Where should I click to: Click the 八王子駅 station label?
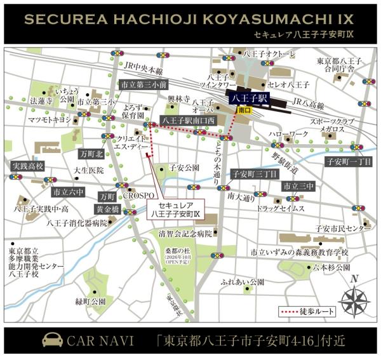250,98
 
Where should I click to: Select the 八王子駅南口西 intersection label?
189,120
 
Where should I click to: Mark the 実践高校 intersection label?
27,166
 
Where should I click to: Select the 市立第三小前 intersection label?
144,84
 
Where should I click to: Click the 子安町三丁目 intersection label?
254,173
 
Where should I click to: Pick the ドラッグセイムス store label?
277,208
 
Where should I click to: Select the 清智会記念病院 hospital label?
185,233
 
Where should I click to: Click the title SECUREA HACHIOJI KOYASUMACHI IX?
190,19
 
